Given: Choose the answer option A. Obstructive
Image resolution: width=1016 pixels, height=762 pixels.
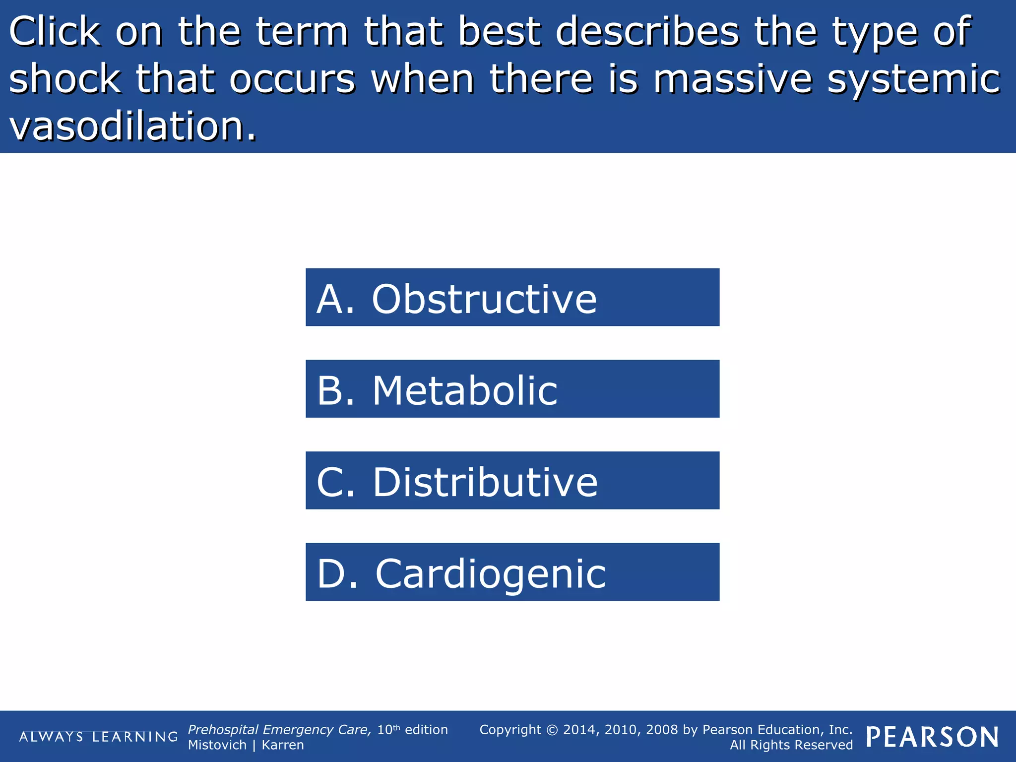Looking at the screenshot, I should [512, 297].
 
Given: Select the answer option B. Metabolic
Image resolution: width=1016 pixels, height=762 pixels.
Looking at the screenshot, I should [512, 389].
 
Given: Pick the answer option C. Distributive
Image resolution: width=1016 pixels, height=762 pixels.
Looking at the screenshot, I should [512, 480].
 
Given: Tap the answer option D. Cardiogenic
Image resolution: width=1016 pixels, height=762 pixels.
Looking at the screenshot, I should [512, 572].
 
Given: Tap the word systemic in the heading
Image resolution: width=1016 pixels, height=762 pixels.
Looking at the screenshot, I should [913, 79].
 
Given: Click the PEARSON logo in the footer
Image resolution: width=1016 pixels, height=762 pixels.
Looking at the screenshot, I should [932, 737].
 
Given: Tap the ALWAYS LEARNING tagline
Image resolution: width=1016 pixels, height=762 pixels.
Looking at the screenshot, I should [98, 737].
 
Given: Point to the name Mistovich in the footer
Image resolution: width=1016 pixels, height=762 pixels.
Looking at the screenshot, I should [217, 745].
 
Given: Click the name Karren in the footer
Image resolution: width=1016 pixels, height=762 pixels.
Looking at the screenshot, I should [282, 745].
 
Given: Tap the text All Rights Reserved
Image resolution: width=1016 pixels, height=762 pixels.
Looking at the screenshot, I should [791, 745].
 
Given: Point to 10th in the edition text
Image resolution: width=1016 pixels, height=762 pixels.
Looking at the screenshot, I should [388, 729].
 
